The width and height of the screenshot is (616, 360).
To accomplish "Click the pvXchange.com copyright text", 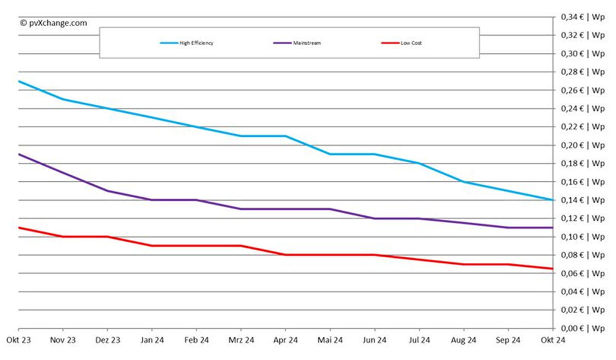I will [53, 23].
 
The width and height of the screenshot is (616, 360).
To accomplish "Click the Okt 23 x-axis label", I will [18, 339].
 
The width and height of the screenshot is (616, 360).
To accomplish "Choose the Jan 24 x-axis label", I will [152, 339].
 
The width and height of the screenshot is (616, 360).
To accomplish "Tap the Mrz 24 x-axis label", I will [241, 339].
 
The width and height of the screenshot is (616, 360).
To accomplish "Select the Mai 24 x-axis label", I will [330, 339].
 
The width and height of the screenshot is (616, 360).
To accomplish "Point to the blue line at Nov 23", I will [63, 99].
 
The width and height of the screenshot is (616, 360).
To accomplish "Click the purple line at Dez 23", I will [107, 191].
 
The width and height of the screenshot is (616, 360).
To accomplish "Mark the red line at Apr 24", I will [285, 255].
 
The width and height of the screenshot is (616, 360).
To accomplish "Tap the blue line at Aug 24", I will [464, 182].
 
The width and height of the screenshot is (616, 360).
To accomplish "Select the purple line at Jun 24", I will [375, 218].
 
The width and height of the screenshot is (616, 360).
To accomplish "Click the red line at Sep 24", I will [508, 264].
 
